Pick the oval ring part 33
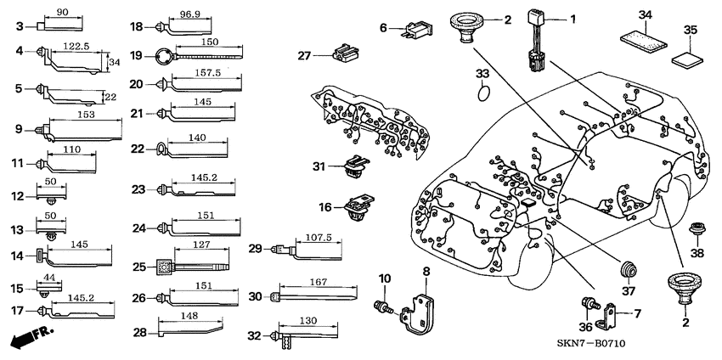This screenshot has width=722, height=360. click(x=483, y=88)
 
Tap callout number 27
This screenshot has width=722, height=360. click(x=304, y=56)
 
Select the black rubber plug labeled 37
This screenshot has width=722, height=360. click(x=629, y=269)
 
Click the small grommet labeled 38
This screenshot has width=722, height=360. click(x=698, y=229)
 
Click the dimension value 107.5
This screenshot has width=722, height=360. click(x=319, y=238)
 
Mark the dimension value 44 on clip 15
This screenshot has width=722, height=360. click(x=49, y=279)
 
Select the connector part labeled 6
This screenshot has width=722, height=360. click(x=413, y=30)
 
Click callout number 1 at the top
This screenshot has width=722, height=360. click(x=571, y=18)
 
